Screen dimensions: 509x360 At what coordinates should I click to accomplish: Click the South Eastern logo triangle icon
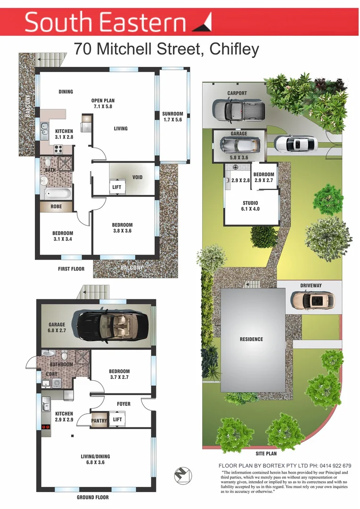click(x=202, y=22)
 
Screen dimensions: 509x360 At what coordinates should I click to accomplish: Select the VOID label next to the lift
click(x=137, y=177)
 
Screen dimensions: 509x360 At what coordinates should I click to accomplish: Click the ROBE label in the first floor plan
click(x=56, y=206)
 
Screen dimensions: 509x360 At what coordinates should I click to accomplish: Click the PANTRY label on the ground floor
click(x=99, y=420)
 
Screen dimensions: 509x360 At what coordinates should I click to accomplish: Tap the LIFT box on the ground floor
click(x=118, y=419)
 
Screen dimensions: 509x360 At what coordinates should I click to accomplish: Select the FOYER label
click(x=123, y=404)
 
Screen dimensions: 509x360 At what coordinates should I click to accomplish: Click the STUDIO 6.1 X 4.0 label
click(x=250, y=206)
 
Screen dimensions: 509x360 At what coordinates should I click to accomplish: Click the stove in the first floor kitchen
click(x=59, y=148)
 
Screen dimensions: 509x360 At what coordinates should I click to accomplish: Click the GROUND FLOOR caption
click(x=92, y=498)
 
